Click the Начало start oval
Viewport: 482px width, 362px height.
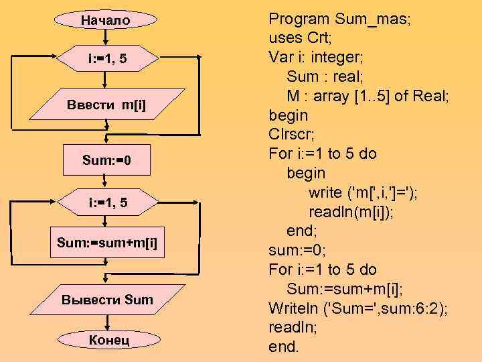pos(106,21)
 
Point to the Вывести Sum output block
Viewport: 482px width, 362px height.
pos(107,299)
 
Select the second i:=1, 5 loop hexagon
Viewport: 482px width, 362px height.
pos(106,202)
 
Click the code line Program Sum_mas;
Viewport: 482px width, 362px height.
pos(339,18)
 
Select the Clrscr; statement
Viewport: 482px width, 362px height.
pos(298,134)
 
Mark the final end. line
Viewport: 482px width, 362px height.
pos(284,347)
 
